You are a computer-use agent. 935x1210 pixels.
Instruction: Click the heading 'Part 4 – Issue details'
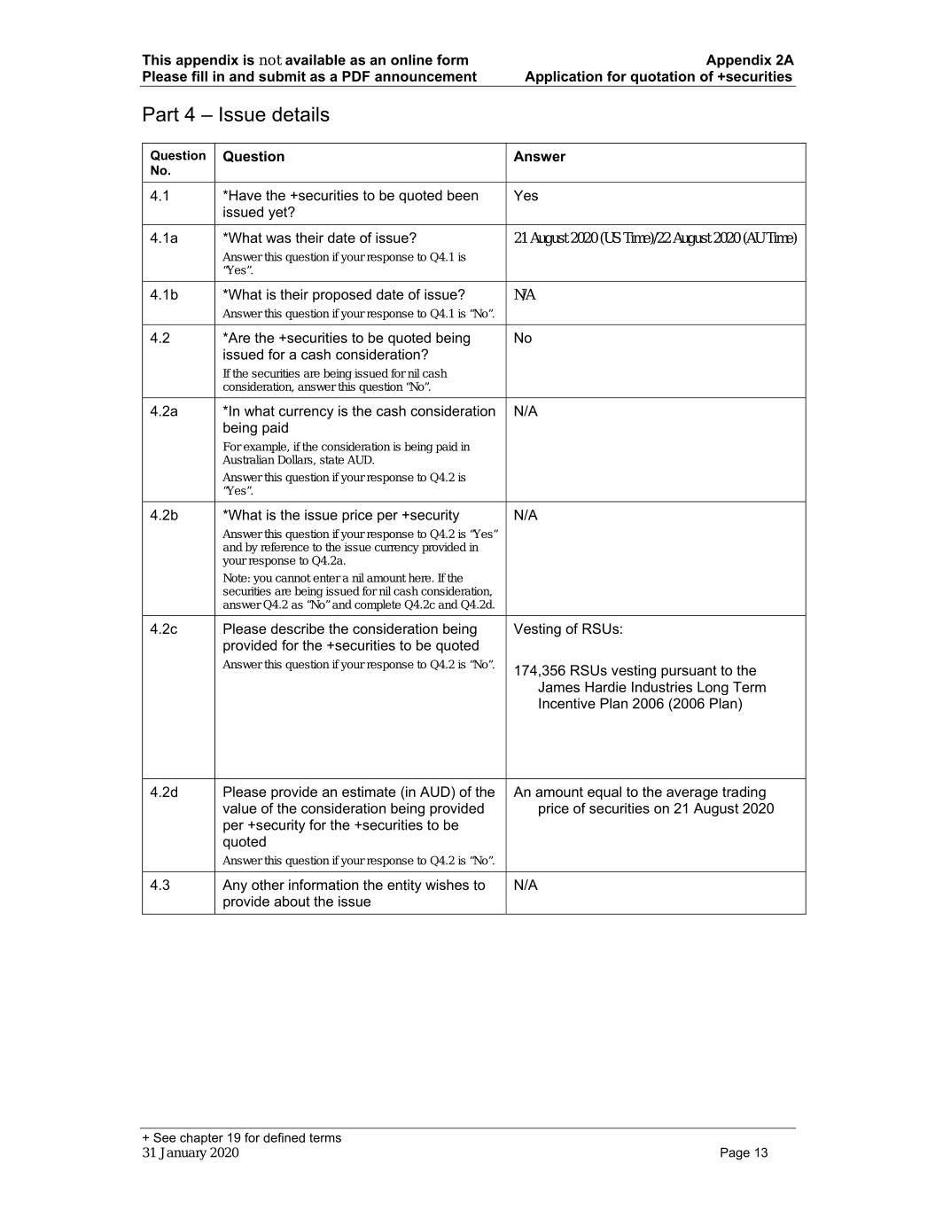(x=235, y=115)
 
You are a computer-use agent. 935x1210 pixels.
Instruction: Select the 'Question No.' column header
(x=177, y=163)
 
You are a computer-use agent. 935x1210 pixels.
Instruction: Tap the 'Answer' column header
(x=539, y=157)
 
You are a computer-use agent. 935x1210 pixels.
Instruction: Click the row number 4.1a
(x=164, y=238)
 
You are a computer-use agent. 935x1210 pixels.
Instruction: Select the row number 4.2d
(x=164, y=792)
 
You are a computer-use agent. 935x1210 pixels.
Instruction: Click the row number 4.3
(x=160, y=886)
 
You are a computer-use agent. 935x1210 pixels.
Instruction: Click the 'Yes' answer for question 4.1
(x=526, y=196)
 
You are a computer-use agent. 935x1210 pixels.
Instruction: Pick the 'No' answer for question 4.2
(x=523, y=339)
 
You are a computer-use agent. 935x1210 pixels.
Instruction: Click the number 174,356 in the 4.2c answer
(x=540, y=671)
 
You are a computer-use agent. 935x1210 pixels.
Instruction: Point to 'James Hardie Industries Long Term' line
(x=651, y=688)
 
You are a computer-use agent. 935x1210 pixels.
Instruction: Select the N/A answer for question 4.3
(x=526, y=886)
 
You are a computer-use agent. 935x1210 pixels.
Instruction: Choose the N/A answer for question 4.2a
(x=526, y=411)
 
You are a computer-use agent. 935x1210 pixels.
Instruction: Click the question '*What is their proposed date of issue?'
(x=343, y=295)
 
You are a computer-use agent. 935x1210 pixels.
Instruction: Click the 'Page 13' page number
(x=744, y=1153)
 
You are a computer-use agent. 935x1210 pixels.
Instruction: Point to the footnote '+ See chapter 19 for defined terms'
(x=241, y=1138)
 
